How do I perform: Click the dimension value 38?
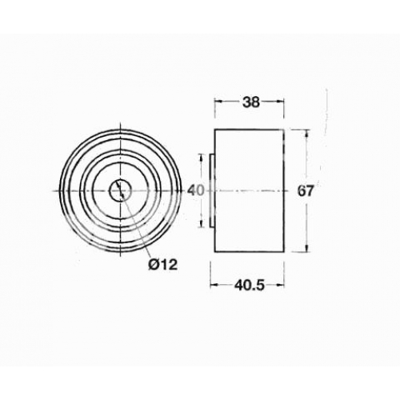pyautogui.click(x=250, y=102)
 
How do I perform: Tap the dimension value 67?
pyautogui.click(x=305, y=191)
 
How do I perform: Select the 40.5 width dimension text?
pyautogui.click(x=250, y=286)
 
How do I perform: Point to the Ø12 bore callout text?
pyautogui.click(x=162, y=265)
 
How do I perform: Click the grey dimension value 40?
pyautogui.click(x=196, y=190)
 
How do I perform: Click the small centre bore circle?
pyautogui.click(x=121, y=190)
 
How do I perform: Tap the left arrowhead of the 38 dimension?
pyautogui.click(x=218, y=102)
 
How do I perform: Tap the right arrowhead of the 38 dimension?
pyautogui.click(x=280, y=102)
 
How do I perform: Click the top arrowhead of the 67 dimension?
pyautogui.click(x=306, y=134)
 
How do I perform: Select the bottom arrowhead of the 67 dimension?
pyautogui.click(x=306, y=248)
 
